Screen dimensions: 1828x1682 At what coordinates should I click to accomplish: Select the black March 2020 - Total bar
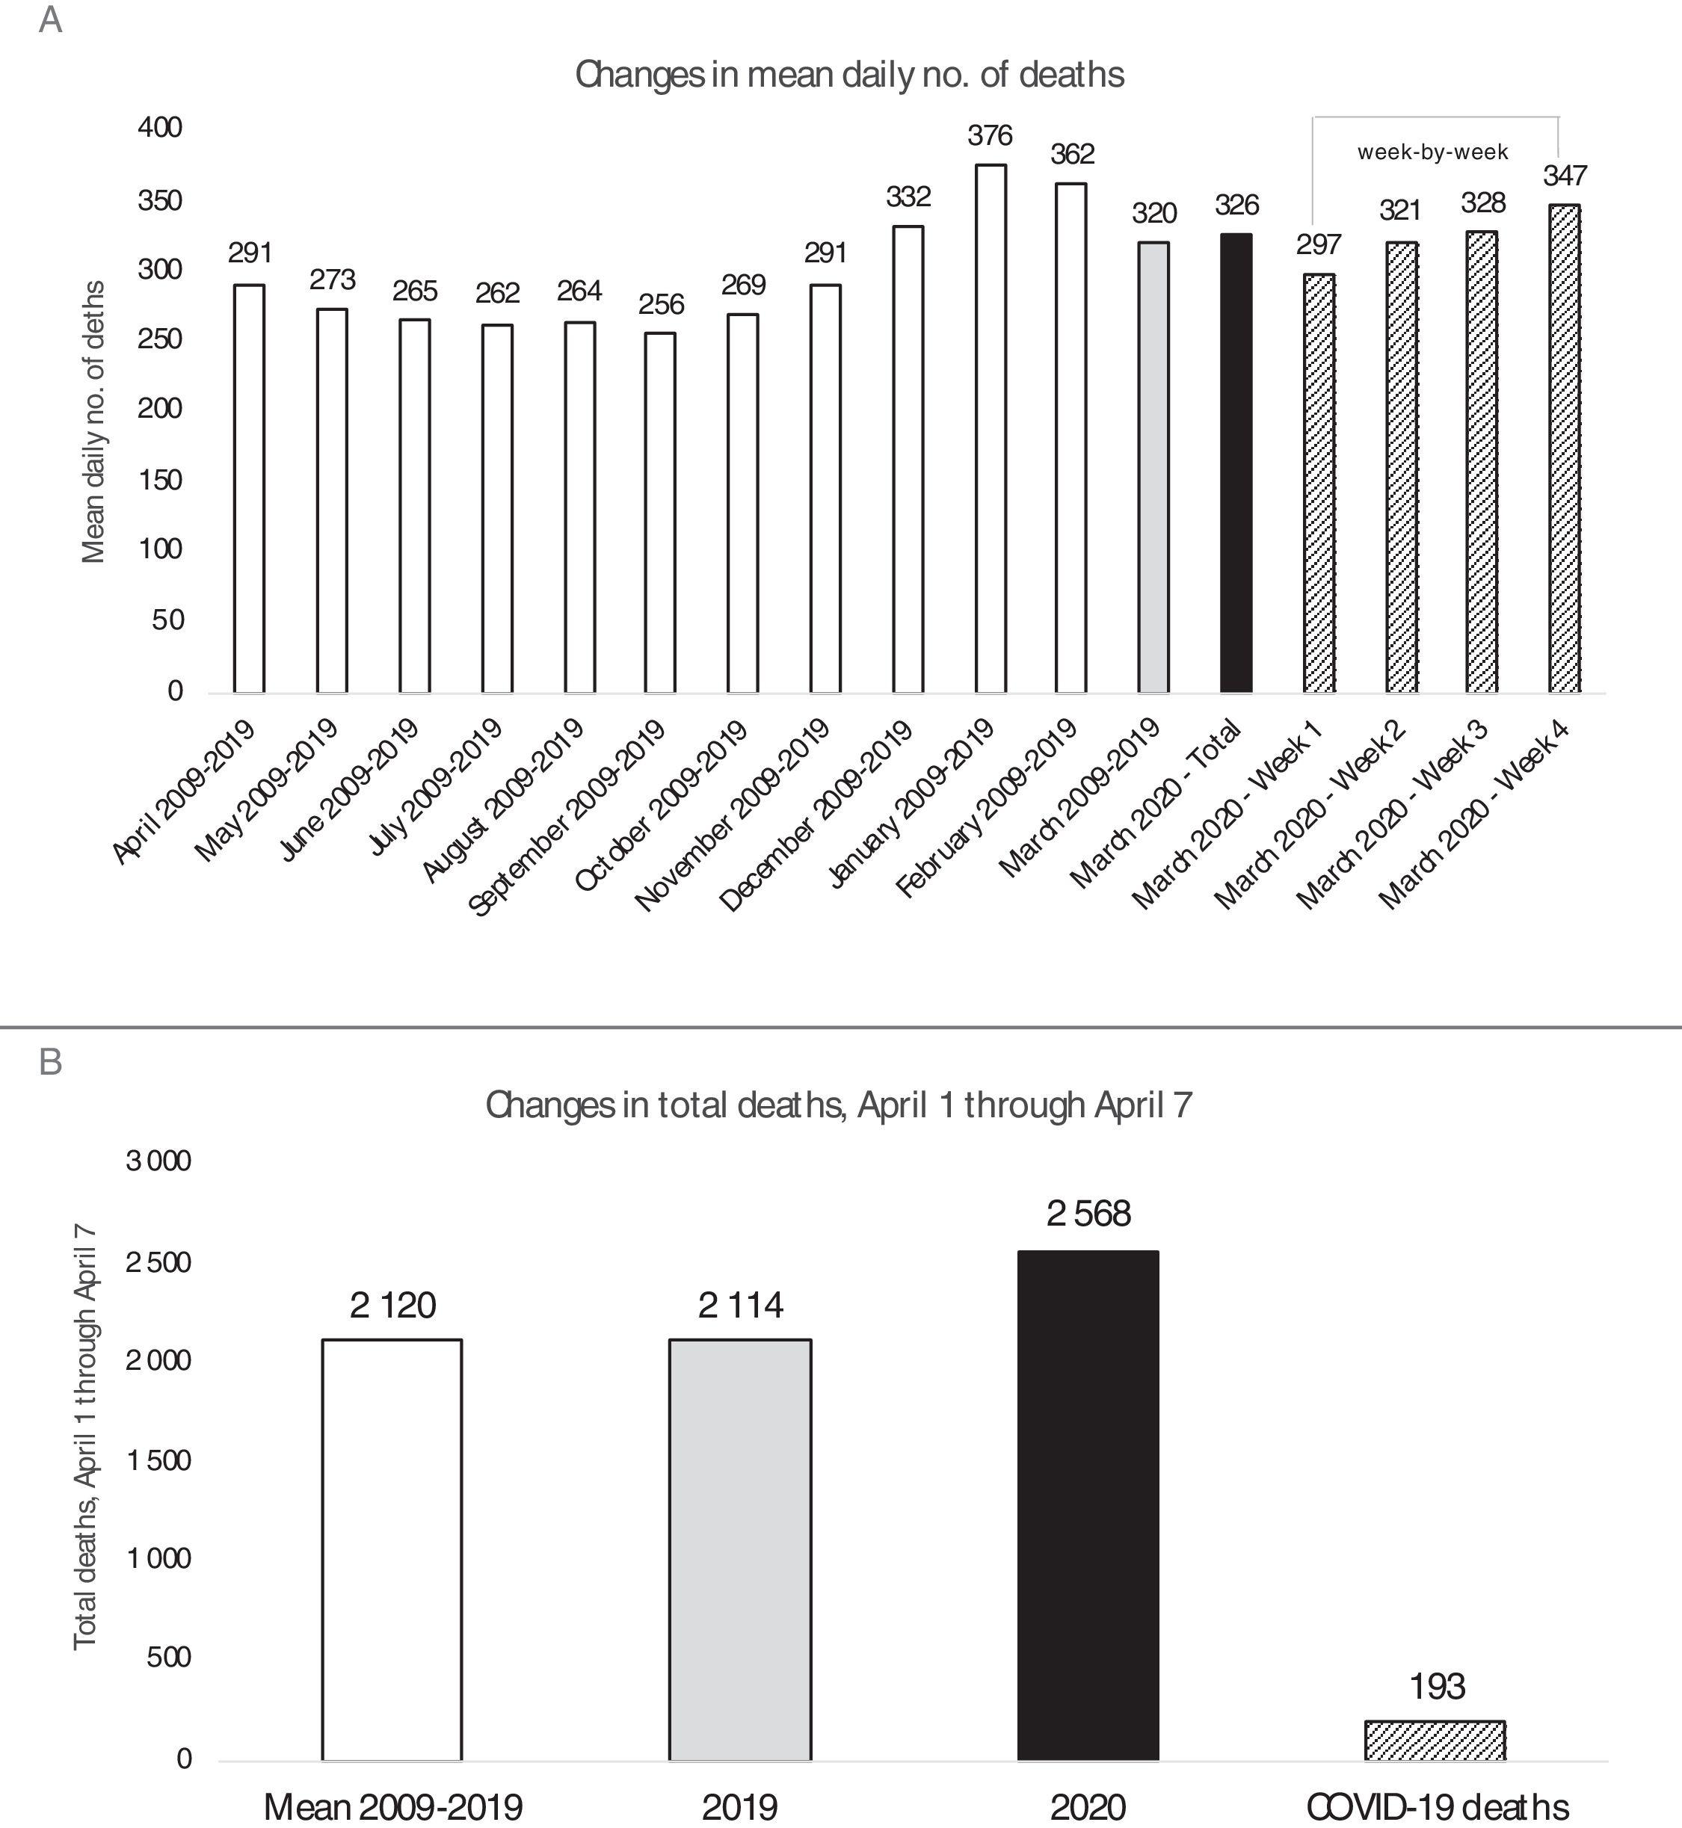coord(1236,463)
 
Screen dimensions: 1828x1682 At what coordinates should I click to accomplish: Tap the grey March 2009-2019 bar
coord(1154,468)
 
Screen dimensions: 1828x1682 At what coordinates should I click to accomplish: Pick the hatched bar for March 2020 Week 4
coord(1565,448)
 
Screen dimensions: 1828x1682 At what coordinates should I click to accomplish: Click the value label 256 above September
coord(661,304)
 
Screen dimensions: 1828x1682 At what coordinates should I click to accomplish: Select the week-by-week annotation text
coord(1432,152)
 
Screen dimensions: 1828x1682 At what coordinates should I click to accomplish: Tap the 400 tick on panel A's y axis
coord(160,127)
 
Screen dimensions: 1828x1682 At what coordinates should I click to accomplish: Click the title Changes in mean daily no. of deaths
coord(849,74)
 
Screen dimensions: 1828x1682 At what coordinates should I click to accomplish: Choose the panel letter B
coord(51,1062)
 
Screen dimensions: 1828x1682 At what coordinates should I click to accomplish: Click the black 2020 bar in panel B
coord(1088,1506)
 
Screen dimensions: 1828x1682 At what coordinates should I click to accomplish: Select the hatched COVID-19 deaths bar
coord(1435,1741)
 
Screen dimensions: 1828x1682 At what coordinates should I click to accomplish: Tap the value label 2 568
coord(1088,1214)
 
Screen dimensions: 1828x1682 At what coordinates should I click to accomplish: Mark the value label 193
coord(1437,1687)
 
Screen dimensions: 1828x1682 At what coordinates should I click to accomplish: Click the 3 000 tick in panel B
coord(159,1161)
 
